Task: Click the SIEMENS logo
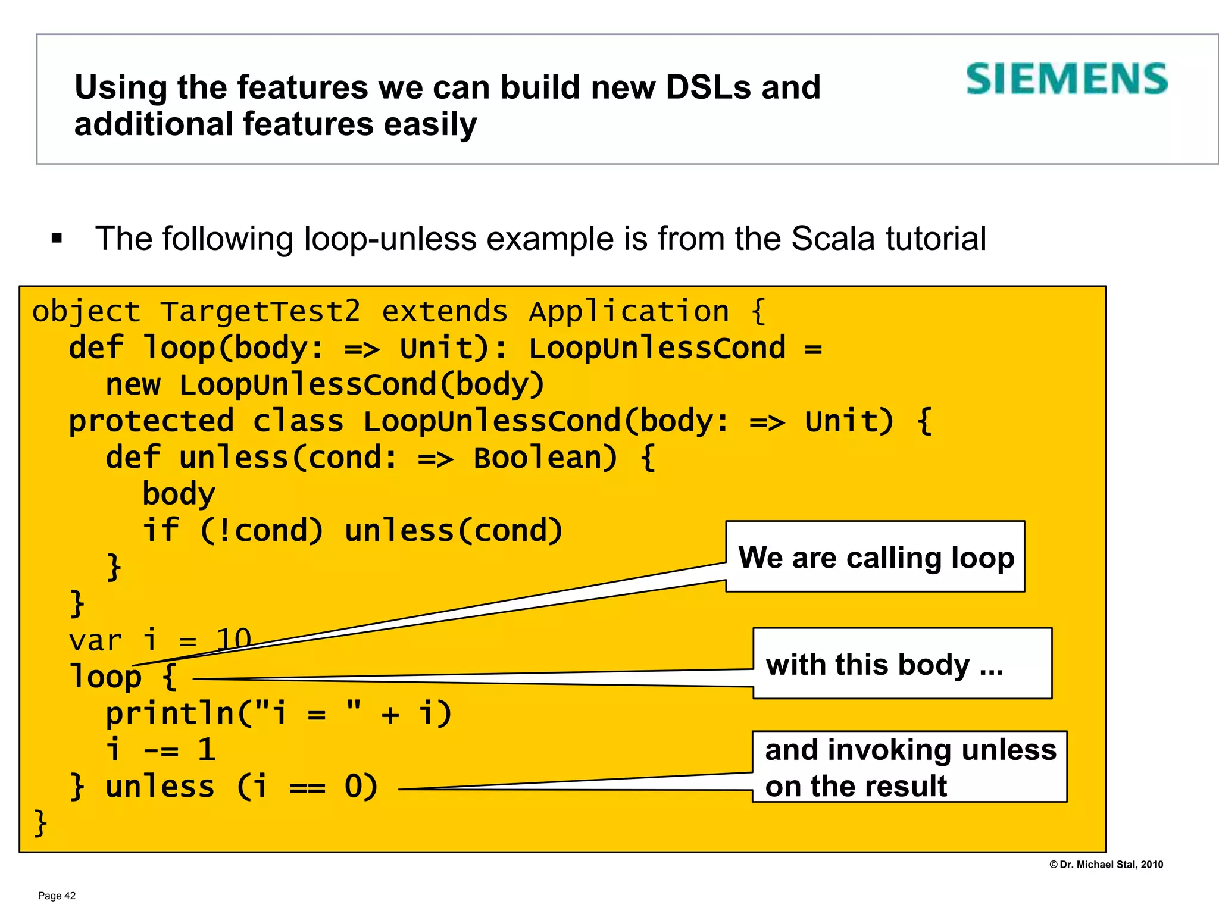pyautogui.click(x=1067, y=79)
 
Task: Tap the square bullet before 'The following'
pyautogui.click(x=57, y=239)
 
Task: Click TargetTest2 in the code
pyautogui.click(x=260, y=312)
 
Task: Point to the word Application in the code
pyautogui.click(x=629, y=312)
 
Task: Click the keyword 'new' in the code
pyautogui.click(x=133, y=384)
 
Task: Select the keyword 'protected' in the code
pyautogui.click(x=151, y=421)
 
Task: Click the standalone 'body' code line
pyautogui.click(x=179, y=494)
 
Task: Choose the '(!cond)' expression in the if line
pyautogui.click(x=261, y=530)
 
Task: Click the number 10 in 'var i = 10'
pyautogui.click(x=233, y=640)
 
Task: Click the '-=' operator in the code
pyautogui.click(x=161, y=750)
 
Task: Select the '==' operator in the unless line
pyautogui.click(x=307, y=787)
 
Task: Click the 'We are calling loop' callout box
pyautogui.click(x=875, y=557)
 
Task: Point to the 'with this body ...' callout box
pyautogui.click(x=902, y=663)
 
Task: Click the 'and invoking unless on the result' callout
pyautogui.click(x=909, y=767)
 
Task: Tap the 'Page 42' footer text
pyautogui.click(x=57, y=896)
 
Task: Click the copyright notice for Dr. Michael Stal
pyautogui.click(x=1106, y=865)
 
